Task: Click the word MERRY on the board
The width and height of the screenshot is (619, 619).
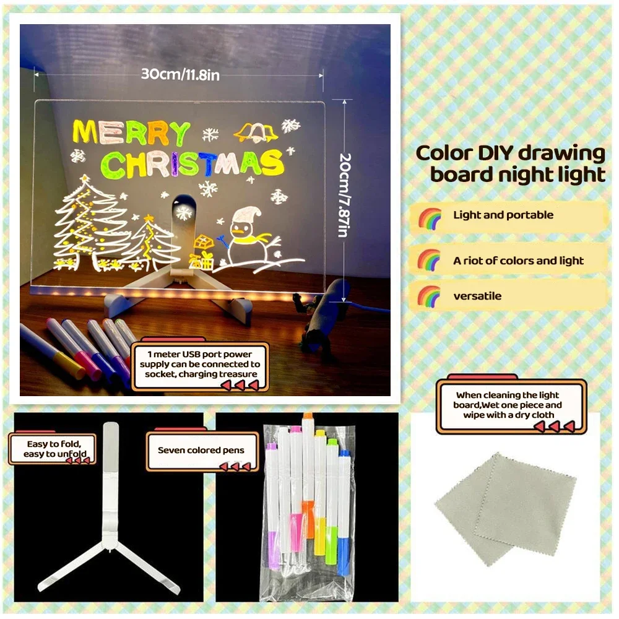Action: click(x=131, y=132)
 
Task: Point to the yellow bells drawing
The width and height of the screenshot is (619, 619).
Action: click(x=255, y=132)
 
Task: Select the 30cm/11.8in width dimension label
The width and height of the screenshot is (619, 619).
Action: click(x=180, y=74)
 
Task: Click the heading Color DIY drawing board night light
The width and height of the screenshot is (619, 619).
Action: click(x=511, y=163)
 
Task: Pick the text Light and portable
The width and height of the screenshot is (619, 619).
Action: click(x=503, y=215)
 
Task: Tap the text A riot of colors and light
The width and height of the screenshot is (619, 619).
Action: click(x=518, y=261)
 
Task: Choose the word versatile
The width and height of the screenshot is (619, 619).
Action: click(x=477, y=296)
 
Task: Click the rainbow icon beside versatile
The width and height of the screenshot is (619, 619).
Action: click(x=429, y=295)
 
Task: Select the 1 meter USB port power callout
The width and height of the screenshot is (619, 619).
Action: click(x=203, y=365)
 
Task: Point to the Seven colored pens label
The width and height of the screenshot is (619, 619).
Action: click(x=201, y=451)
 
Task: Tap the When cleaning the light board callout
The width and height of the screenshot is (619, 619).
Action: click(x=508, y=405)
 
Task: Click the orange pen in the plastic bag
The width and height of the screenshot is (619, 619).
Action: click(x=308, y=477)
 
